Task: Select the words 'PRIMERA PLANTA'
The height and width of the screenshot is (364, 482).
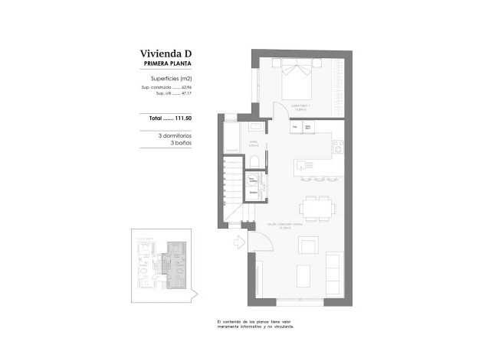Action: [166, 65]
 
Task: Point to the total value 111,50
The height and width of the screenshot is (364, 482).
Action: [182, 119]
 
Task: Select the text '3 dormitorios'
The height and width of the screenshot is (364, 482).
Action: [172, 135]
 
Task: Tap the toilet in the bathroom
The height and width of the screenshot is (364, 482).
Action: [254, 161]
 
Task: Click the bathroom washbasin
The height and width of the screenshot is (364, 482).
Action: [258, 126]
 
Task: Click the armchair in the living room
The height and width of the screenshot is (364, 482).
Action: [310, 245]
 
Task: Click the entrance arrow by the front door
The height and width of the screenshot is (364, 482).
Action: [238, 243]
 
